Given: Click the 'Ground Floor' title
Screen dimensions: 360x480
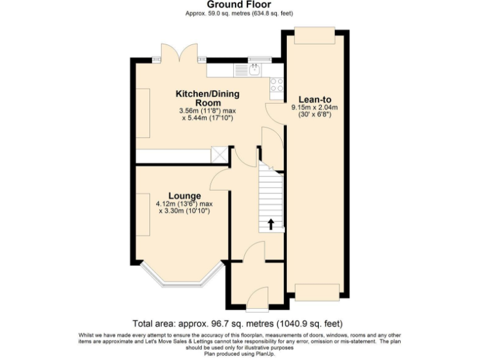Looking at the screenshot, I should pyautogui.click(x=239, y=5).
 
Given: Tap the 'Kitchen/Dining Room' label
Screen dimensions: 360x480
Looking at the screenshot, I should pyautogui.click(x=207, y=98).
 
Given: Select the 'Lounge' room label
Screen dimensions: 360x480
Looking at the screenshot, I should pyautogui.click(x=184, y=196).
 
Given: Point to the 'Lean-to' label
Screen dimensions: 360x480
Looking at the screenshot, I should pyautogui.click(x=314, y=99).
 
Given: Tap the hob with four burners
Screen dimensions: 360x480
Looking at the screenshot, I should pyautogui.click(x=276, y=85).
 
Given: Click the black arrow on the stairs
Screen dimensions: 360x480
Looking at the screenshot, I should pyautogui.click(x=271, y=224).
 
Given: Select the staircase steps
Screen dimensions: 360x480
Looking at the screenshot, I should pyautogui.click(x=271, y=200).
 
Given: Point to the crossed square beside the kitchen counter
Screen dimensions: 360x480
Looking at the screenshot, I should pyautogui.click(x=221, y=155).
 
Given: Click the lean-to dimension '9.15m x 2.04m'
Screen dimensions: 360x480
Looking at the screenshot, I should pyautogui.click(x=314, y=107).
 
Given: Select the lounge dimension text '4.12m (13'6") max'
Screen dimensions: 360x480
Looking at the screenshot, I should pyautogui.click(x=184, y=204).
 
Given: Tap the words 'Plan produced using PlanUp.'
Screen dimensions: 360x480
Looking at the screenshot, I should pyautogui.click(x=239, y=352).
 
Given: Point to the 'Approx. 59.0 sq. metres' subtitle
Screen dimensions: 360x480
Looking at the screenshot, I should pyautogui.click(x=239, y=13).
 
